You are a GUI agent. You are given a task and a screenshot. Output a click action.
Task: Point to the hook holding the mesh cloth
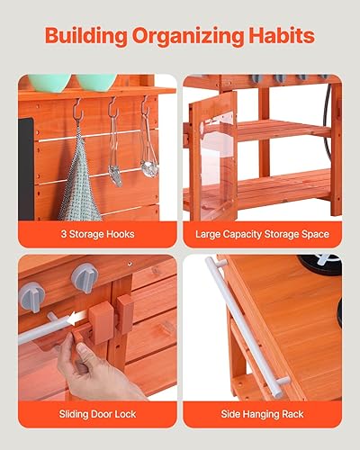pyautogui.click(x=78, y=112)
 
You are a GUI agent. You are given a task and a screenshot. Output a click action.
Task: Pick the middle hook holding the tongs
pyautogui.click(x=112, y=112)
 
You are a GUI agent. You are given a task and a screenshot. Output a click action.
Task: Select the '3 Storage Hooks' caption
pyautogui.click(x=97, y=234)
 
